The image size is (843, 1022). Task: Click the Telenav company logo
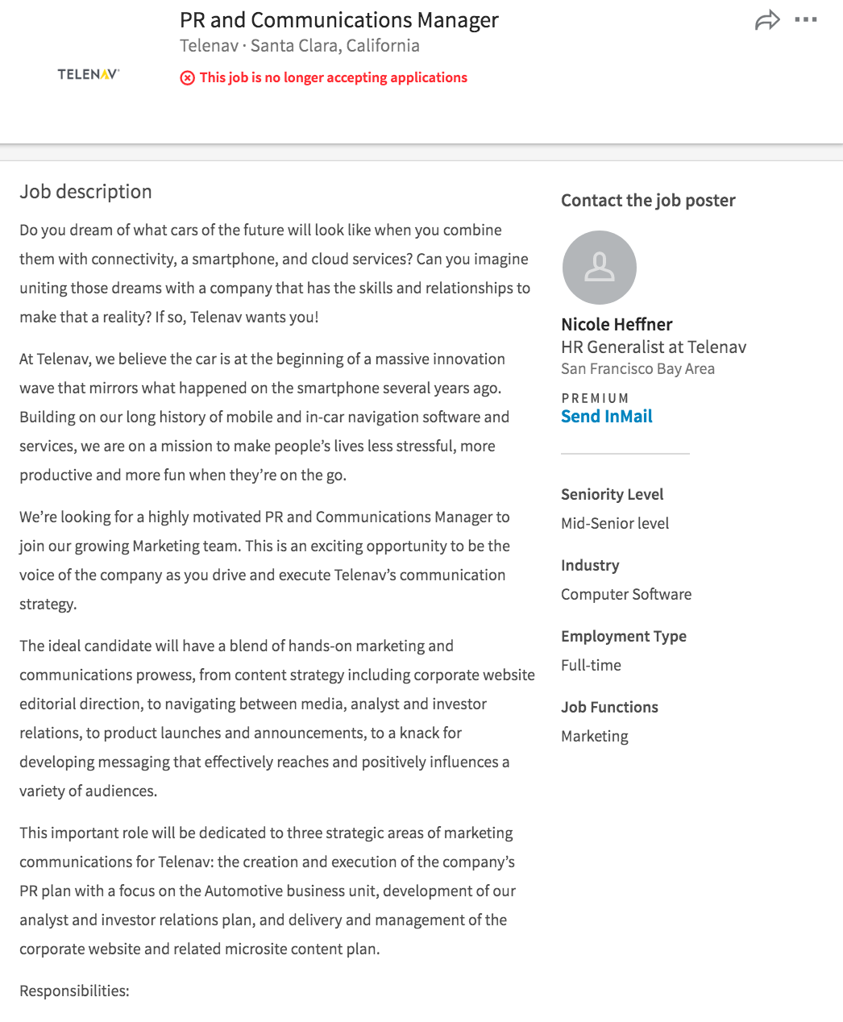(89, 74)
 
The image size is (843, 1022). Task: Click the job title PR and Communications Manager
(338, 20)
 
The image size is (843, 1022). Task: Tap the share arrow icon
(767, 20)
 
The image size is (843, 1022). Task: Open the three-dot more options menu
(806, 20)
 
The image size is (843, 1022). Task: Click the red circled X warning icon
(187, 78)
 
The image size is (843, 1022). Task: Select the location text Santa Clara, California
(335, 46)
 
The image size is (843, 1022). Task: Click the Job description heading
(85, 192)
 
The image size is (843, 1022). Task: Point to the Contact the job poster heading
(648, 201)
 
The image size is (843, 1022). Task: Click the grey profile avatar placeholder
(599, 268)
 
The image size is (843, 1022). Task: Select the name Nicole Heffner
(617, 325)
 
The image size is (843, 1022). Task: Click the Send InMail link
(606, 417)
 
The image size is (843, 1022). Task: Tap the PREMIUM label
(595, 398)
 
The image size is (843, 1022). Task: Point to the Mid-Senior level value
(615, 524)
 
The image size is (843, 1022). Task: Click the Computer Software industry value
(626, 595)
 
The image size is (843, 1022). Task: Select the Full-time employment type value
(591, 666)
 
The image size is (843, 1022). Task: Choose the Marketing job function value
(595, 737)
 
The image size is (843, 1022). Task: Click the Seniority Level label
(612, 495)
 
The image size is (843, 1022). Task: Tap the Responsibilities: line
(74, 991)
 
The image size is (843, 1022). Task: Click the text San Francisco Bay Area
(637, 369)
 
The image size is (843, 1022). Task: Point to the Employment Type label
(624, 637)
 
